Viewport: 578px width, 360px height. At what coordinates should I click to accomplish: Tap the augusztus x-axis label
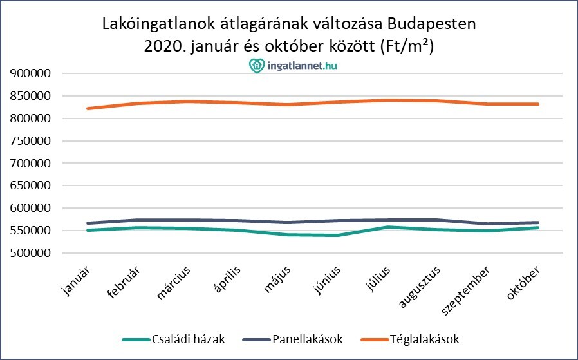(x=418, y=286)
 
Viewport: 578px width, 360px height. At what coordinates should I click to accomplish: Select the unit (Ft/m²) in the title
(x=411, y=46)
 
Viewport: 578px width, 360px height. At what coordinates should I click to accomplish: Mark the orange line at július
(x=386, y=100)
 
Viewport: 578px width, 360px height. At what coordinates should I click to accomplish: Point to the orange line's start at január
(x=88, y=108)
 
